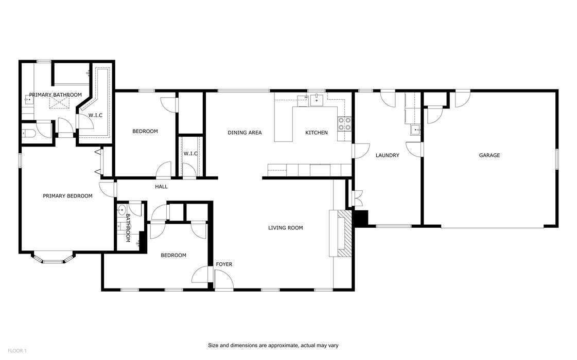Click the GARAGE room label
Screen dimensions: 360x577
click(x=489, y=155)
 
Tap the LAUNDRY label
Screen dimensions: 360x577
click(x=387, y=155)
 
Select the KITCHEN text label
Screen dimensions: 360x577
click(x=316, y=133)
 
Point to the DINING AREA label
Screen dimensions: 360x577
click(x=244, y=133)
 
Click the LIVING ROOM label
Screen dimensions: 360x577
click(x=285, y=228)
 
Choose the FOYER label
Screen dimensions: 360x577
click(x=224, y=264)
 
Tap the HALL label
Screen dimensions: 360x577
click(x=161, y=187)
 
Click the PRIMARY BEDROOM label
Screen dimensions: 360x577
click(x=67, y=196)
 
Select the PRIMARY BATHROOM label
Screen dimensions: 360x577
click(x=55, y=95)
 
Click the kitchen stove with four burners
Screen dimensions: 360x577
click(x=344, y=123)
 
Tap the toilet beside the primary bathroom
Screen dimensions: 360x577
click(x=28, y=134)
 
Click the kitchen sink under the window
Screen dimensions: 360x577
click(x=315, y=100)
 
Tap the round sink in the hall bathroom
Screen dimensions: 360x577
click(x=123, y=210)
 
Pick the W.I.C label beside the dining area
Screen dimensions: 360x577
click(x=190, y=154)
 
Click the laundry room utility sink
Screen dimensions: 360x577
click(x=414, y=130)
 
